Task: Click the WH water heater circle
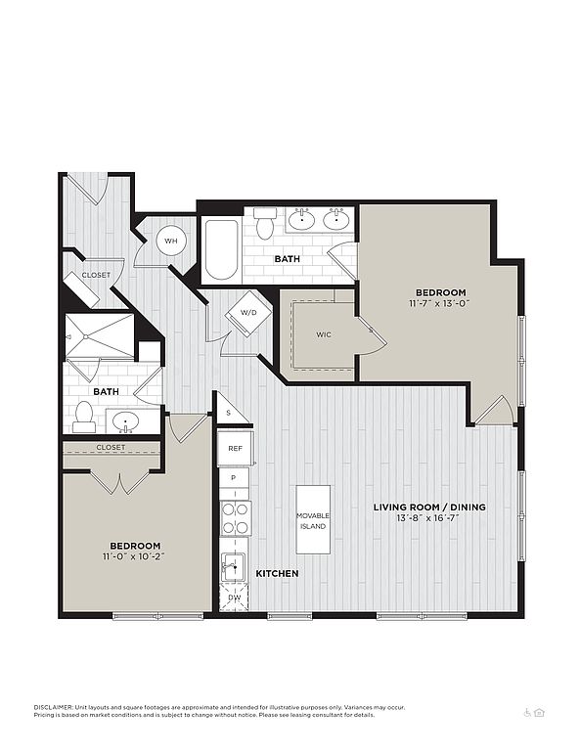click(170, 241)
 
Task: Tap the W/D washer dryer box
click(248, 313)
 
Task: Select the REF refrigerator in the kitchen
click(235, 448)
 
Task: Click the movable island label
click(313, 520)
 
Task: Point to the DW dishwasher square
click(234, 597)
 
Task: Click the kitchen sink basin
click(233, 567)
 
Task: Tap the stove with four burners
click(236, 518)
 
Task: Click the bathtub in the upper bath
click(221, 249)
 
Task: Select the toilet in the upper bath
click(264, 223)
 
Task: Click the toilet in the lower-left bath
click(84, 418)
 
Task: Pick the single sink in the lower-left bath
click(125, 422)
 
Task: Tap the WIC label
click(324, 334)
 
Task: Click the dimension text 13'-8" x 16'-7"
click(428, 517)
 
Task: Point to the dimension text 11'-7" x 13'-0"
click(440, 303)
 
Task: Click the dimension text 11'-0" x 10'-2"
click(133, 556)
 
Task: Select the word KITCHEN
click(277, 573)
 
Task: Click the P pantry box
click(234, 478)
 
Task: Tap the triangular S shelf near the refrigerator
click(230, 410)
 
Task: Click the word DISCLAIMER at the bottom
click(53, 707)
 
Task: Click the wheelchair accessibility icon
click(527, 713)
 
